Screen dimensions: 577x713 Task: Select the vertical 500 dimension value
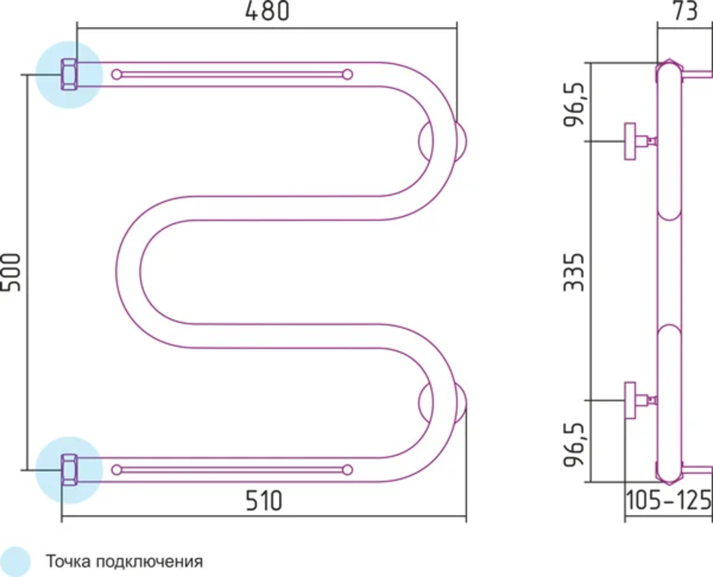[12, 272]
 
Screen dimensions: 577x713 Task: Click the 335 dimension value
[575, 272]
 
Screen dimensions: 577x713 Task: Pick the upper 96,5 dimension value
[575, 103]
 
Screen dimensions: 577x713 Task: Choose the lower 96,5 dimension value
[575, 442]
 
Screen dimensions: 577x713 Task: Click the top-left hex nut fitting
[70, 74]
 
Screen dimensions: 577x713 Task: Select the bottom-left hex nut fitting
[70, 469]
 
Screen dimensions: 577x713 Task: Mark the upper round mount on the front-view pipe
[443, 140]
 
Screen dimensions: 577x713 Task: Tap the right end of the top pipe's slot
[347, 74]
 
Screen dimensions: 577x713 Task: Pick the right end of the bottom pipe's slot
[347, 469]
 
